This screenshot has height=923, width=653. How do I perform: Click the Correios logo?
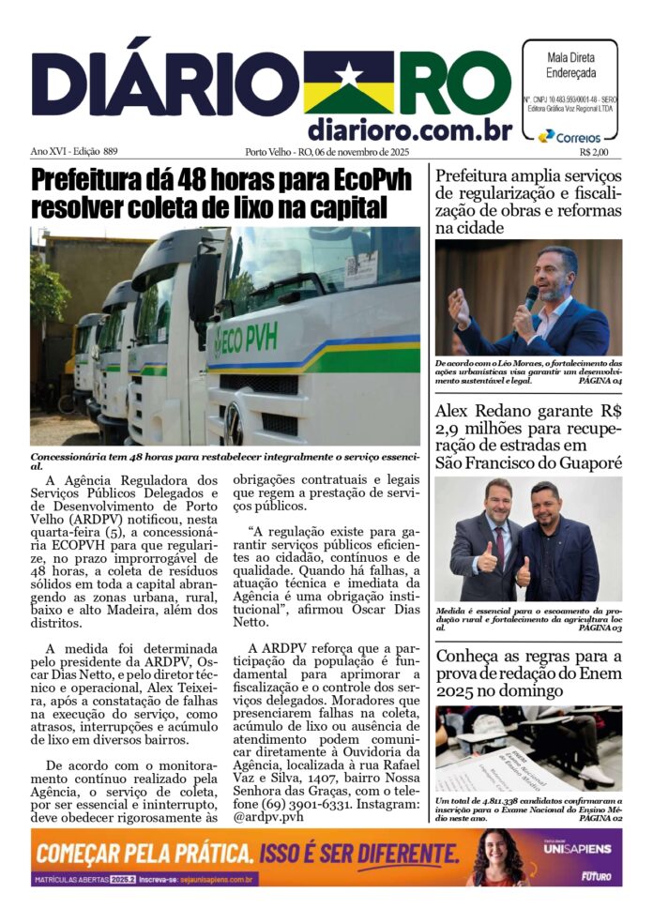point(569,137)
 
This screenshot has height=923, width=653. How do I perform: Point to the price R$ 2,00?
point(594,152)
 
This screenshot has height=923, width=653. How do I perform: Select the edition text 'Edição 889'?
point(99,151)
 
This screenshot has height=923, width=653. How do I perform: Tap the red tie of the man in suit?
point(500,547)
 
